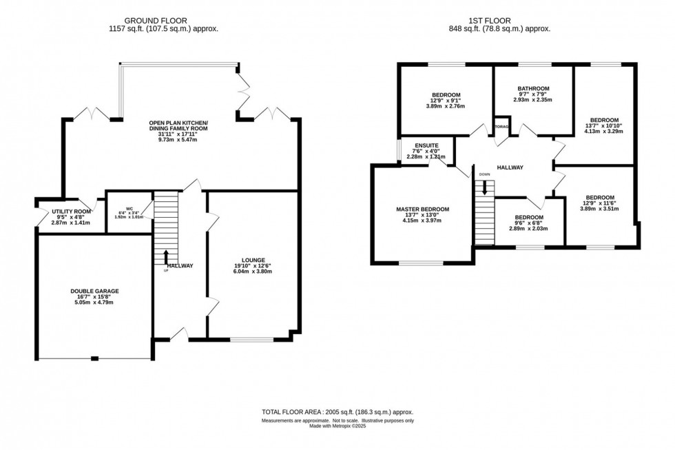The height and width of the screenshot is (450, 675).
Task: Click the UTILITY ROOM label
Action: (x=72, y=212)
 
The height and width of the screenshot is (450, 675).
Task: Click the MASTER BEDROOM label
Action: (x=422, y=209)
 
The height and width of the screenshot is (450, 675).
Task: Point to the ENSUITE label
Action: (x=424, y=145)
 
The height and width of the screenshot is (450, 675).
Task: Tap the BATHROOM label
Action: (x=533, y=88)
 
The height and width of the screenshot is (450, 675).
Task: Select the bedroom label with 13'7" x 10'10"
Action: (x=604, y=120)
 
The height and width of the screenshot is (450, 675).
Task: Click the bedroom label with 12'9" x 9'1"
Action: (x=446, y=94)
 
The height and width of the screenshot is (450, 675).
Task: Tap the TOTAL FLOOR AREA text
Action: (x=297, y=412)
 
